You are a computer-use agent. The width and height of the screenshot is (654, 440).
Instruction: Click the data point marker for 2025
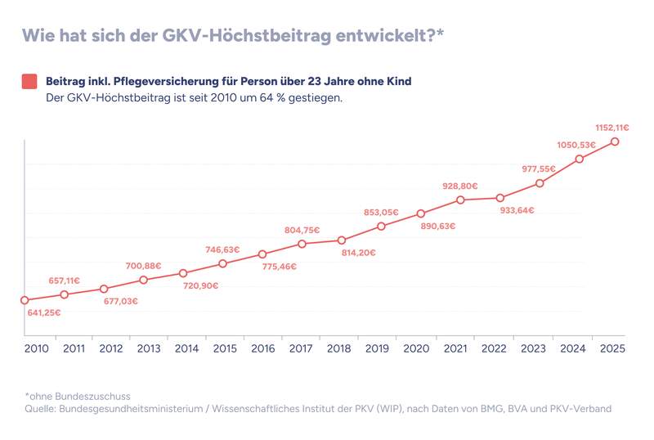pos(615,141)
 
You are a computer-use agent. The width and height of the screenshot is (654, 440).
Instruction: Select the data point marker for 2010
pos(25,300)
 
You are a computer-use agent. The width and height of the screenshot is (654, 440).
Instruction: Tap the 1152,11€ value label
pos(611,128)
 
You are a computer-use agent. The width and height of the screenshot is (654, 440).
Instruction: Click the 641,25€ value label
pos(43,312)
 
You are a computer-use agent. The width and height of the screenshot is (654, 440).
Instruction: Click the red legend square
pos(29,82)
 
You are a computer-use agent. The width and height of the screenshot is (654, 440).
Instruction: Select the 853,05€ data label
pos(381,213)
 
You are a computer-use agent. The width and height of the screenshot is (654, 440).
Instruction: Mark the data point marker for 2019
pos(382,226)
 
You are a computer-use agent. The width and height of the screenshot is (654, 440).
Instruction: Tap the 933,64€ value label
pos(517,210)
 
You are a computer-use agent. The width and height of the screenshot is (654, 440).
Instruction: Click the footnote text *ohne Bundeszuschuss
pos(78,397)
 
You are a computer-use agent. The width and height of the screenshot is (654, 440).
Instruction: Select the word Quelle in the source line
pos(42,409)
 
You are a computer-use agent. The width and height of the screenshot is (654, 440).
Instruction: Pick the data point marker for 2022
pos(500,198)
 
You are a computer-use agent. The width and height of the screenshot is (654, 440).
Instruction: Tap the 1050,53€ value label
pos(576,145)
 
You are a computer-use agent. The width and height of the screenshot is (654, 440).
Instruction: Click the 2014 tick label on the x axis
pos(186,348)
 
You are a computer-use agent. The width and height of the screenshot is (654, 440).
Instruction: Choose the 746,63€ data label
pos(222,250)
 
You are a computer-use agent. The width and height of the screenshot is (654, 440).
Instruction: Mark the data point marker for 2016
pos(262,254)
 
